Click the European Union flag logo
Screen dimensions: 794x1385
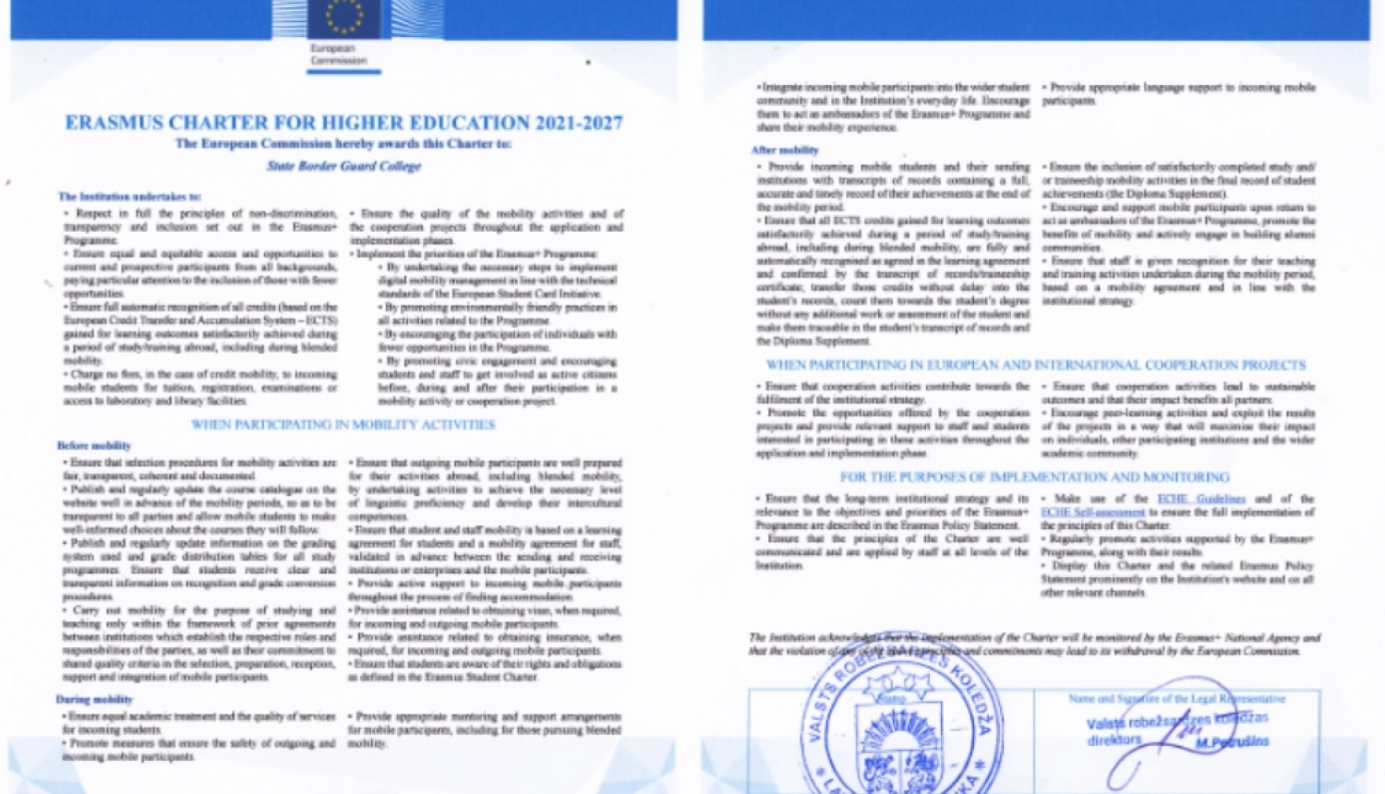pos(343,18)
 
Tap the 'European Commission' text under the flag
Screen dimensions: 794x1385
pos(338,54)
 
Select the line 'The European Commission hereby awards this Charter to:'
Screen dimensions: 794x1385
pos(343,144)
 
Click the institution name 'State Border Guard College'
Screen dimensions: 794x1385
pos(343,166)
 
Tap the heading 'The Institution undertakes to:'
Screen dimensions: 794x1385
pos(129,197)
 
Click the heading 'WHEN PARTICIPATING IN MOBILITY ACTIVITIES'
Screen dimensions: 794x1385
pos(343,425)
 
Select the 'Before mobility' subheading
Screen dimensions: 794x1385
pos(94,446)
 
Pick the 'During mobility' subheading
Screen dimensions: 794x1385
pos(94,700)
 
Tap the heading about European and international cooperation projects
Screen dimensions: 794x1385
pos(1036,366)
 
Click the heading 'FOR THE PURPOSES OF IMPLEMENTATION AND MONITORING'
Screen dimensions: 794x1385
pos(1034,477)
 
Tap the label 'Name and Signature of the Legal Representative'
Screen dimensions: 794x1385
pos(1176,699)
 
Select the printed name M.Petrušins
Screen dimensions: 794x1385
pos(1232,741)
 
